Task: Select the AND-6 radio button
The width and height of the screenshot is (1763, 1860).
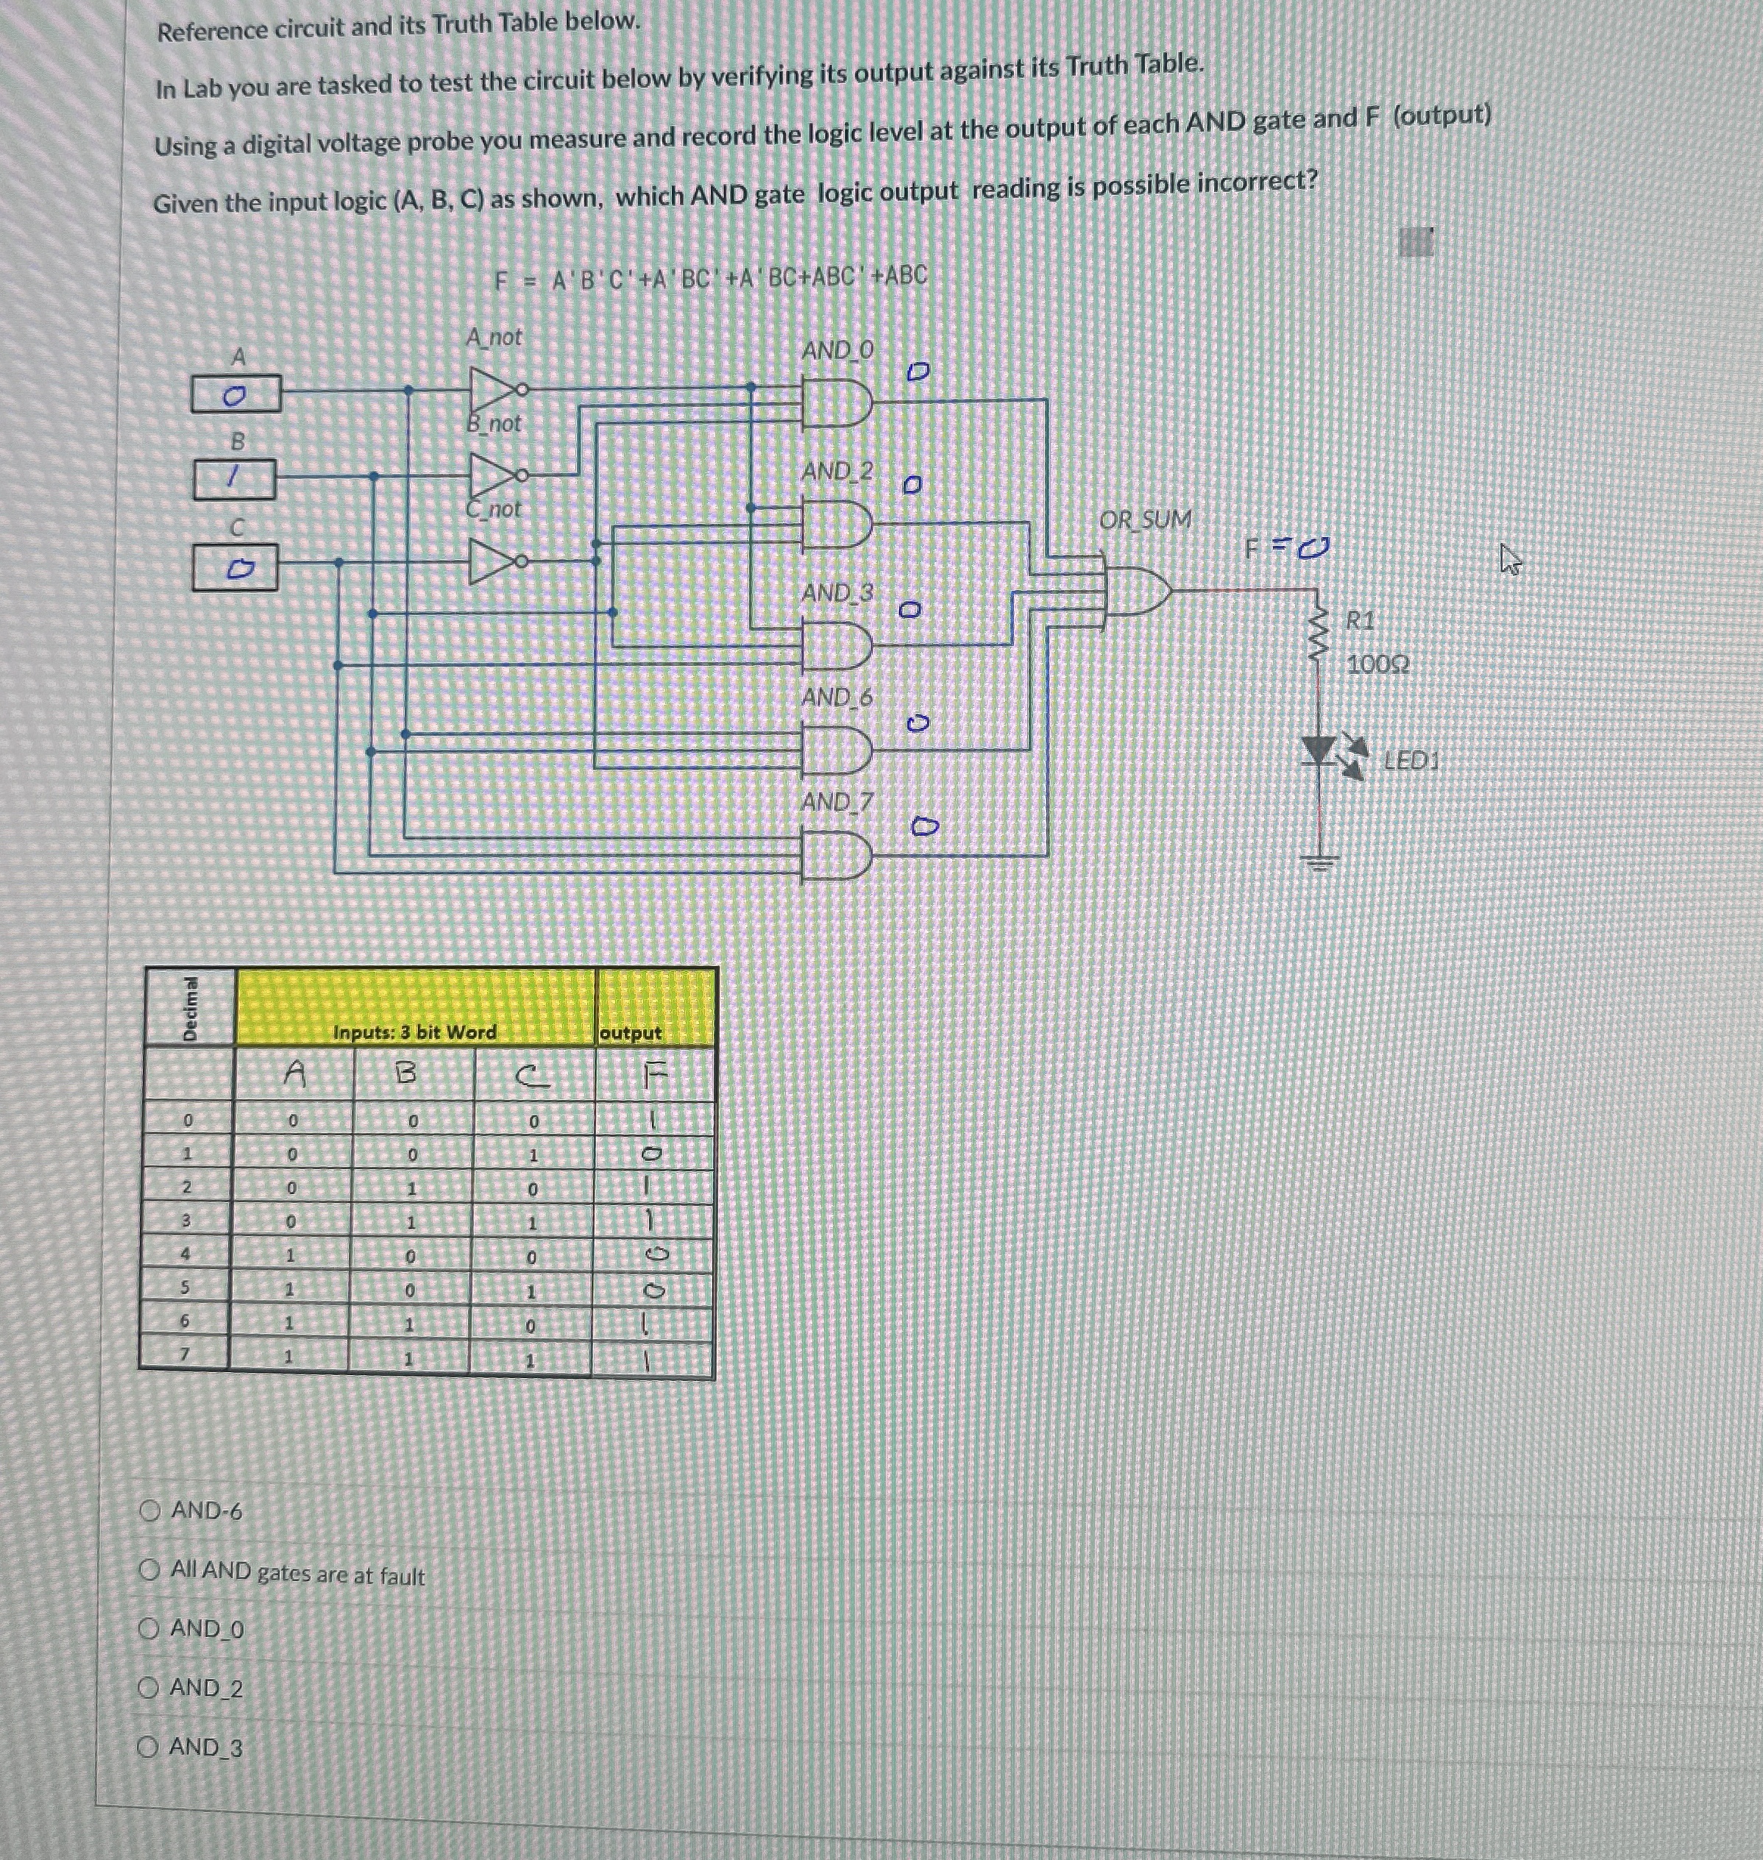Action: pos(149,1511)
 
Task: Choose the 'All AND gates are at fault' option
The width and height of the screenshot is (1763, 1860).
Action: pos(149,1569)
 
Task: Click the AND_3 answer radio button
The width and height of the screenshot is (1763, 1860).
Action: pos(148,1747)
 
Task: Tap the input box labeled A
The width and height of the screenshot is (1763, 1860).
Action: pos(236,394)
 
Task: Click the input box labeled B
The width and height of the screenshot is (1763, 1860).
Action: pos(234,479)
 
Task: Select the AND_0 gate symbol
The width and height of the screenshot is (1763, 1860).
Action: pos(834,401)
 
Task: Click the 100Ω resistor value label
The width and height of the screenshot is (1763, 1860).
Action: pos(1377,664)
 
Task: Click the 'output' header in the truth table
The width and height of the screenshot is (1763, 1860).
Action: pos(631,1032)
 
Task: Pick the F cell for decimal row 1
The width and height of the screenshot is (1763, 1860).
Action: pos(653,1153)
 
